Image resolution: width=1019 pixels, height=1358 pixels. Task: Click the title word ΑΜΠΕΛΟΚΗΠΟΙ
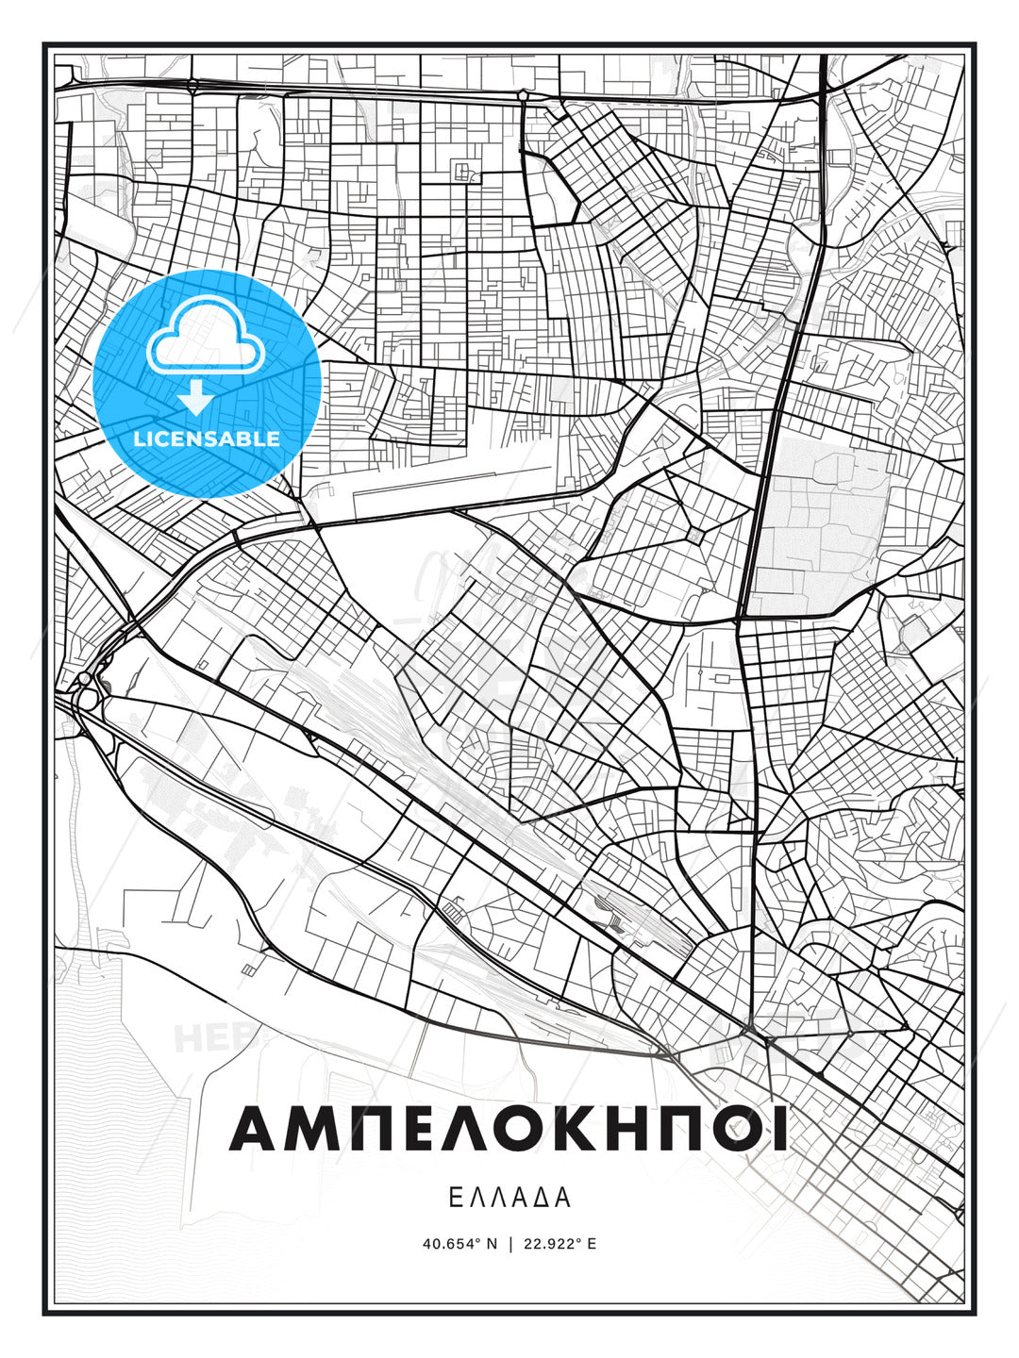pyautogui.click(x=509, y=1129)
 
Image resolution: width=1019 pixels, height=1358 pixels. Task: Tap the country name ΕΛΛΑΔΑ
pyautogui.click(x=509, y=1198)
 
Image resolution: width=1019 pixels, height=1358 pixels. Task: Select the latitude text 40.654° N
pyautogui.click(x=459, y=1244)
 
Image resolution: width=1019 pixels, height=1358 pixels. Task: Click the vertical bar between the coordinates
pyautogui.click(x=509, y=1244)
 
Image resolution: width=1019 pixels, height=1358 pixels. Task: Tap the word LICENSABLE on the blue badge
pyautogui.click(x=207, y=439)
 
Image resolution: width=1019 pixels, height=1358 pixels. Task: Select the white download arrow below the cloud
pyautogui.click(x=196, y=398)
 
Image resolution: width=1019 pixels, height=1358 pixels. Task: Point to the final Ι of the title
pyautogui.click(x=779, y=1129)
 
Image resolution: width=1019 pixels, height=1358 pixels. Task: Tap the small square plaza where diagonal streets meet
pyautogui.click(x=695, y=536)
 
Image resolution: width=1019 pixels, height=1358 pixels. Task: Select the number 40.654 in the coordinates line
pyautogui.click(x=448, y=1244)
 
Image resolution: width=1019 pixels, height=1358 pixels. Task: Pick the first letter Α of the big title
pyautogui.click(x=255, y=1129)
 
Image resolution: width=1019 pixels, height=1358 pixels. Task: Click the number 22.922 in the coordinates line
pyautogui.click(x=546, y=1244)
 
